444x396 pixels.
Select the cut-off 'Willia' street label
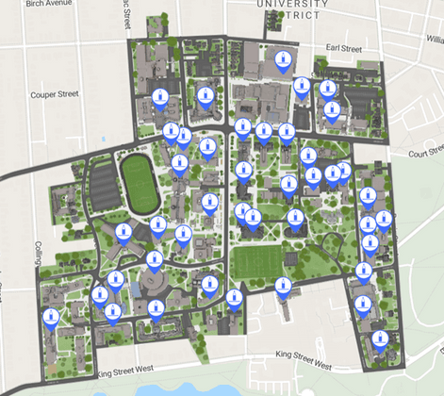(434, 39)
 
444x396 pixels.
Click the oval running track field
(139, 184)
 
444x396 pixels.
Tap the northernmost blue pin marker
(281, 59)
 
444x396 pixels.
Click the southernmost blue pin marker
(379, 338)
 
